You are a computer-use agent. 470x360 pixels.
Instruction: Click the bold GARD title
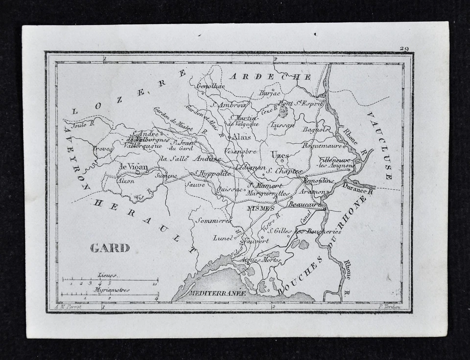point(110,248)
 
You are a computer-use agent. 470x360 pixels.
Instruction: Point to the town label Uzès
point(280,155)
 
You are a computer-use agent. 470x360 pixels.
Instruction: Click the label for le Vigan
point(134,167)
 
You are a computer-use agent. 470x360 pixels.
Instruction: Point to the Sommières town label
point(213,221)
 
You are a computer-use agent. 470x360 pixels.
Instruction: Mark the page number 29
point(404,48)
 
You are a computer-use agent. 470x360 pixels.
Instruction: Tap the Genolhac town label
point(211,87)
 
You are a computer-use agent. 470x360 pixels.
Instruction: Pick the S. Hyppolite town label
point(212,173)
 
